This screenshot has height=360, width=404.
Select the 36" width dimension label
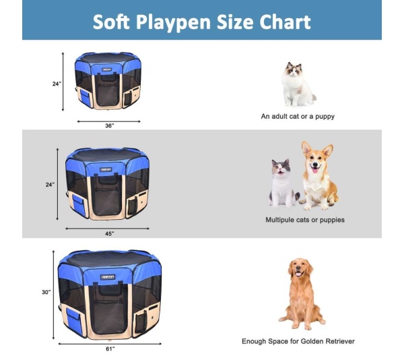109,125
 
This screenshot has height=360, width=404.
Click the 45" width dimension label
108,233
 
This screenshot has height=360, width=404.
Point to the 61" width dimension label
110,348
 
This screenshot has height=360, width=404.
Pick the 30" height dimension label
46,292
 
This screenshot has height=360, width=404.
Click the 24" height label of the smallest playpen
57,84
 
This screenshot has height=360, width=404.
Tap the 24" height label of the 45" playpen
50,183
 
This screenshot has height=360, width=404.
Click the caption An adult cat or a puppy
298,116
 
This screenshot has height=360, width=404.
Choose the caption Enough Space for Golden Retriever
298,341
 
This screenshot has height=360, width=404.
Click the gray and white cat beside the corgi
282,182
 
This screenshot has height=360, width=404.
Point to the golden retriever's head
300,270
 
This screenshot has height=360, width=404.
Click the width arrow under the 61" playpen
109,342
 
